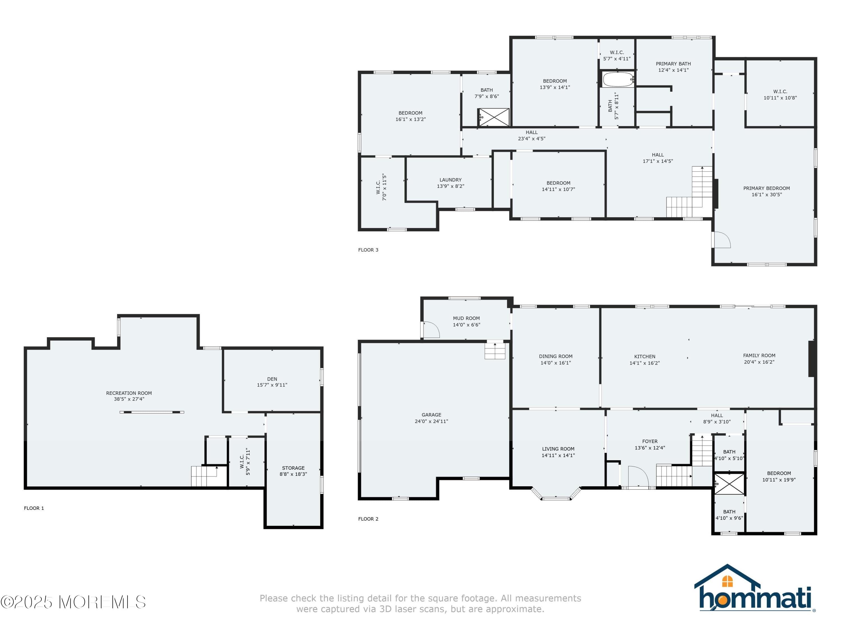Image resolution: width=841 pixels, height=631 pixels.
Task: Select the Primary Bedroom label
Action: point(766,191)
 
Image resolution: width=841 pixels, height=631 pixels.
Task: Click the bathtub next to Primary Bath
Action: point(618,79)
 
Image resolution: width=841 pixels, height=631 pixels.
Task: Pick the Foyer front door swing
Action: point(638,476)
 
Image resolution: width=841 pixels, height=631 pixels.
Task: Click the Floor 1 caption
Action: point(34,508)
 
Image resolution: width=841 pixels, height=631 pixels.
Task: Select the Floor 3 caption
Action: point(368,250)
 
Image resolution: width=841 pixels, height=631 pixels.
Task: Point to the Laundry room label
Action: point(450,183)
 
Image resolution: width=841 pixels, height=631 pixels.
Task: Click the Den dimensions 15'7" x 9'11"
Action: point(272,385)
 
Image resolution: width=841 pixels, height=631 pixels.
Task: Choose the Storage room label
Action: point(293,471)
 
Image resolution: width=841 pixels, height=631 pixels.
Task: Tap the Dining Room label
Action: point(555,360)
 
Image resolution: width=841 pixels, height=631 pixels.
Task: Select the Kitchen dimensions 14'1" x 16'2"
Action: point(644,363)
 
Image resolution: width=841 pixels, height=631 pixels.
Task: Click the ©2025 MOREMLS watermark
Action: point(73,602)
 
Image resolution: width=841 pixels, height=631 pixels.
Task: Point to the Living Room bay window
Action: point(556,493)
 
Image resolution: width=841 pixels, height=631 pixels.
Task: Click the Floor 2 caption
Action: point(368,519)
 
